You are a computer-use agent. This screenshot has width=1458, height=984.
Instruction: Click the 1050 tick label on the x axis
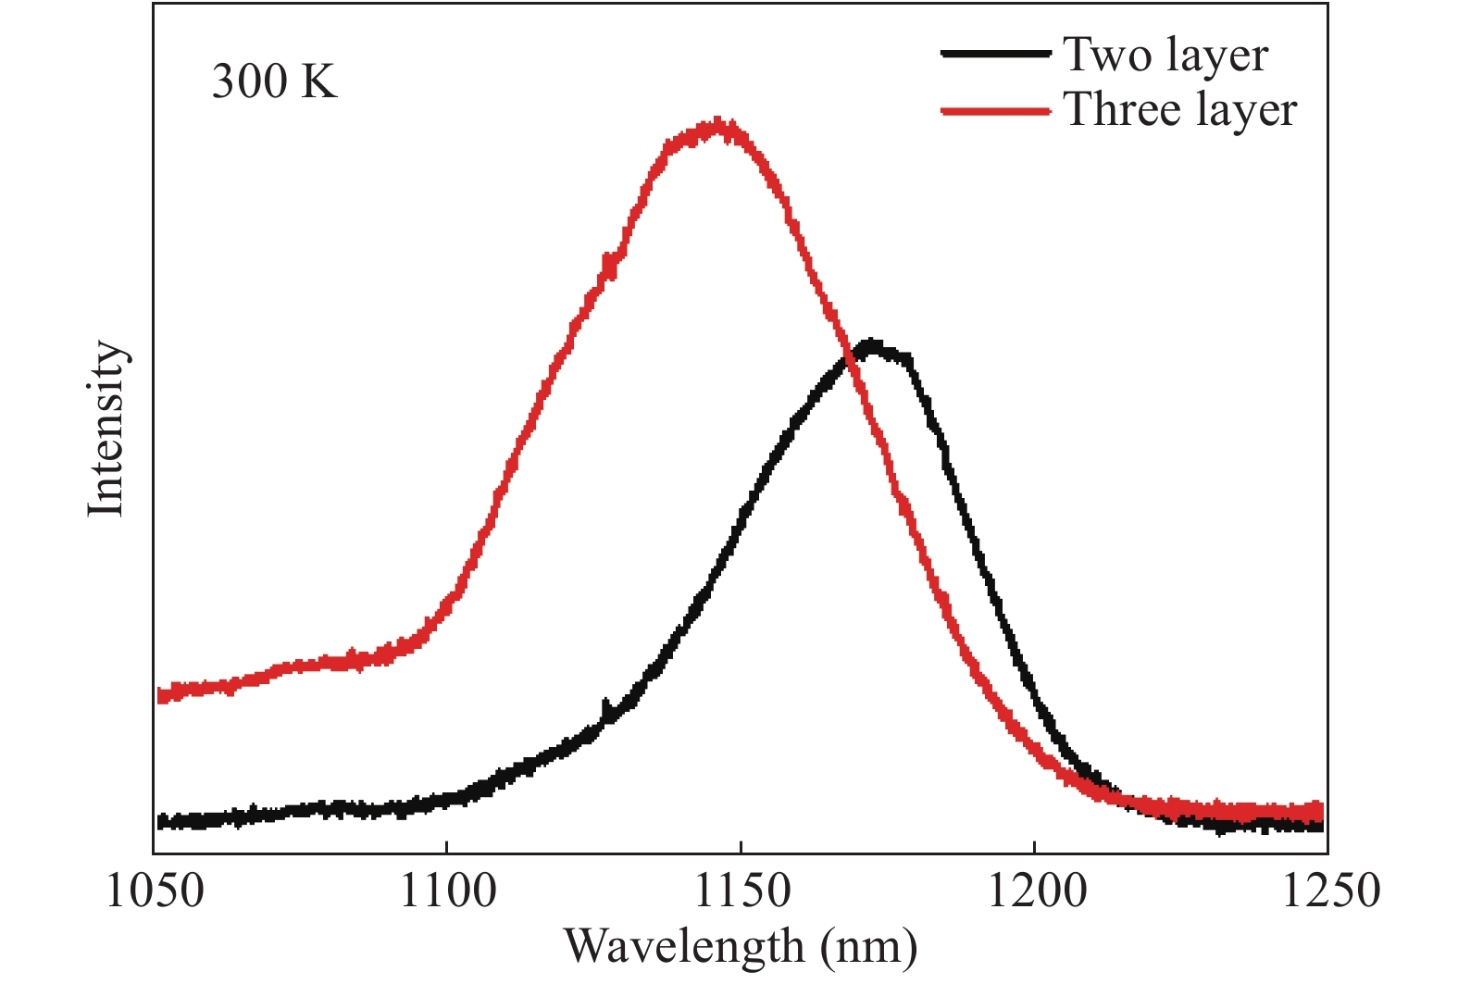[155, 891]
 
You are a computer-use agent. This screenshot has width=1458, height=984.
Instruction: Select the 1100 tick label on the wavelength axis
[447, 891]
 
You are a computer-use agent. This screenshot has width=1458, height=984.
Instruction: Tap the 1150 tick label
[741, 891]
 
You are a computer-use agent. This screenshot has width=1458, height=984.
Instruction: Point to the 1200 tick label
[1034, 891]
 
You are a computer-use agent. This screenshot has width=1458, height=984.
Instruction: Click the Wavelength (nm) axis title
[741, 946]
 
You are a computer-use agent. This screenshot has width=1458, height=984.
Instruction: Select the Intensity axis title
[106, 429]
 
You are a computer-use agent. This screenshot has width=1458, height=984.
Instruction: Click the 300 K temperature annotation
[274, 81]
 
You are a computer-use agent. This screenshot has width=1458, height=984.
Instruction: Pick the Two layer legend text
[1165, 55]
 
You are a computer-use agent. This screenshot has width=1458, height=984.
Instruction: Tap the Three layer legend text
[1179, 109]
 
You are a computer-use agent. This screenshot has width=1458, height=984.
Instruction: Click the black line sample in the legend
[995, 54]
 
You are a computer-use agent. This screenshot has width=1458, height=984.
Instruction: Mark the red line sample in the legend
[995, 111]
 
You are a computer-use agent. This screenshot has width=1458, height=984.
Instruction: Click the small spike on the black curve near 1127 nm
[605, 708]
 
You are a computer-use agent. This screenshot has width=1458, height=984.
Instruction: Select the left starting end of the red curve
[160, 694]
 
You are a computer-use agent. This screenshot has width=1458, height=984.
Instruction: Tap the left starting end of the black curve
[160, 821]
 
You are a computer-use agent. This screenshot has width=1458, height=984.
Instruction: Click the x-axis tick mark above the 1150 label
[741, 846]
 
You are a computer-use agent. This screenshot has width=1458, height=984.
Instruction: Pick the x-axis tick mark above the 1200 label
[1034, 846]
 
